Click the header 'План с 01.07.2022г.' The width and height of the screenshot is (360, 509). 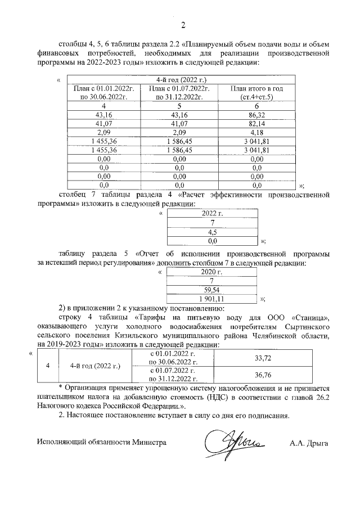click(179, 89)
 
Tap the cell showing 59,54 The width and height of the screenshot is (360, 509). click(211, 290)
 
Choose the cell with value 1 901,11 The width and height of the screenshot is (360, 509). click(211, 300)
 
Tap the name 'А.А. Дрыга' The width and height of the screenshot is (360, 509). click(309, 443)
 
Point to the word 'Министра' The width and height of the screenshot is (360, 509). click(148, 443)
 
